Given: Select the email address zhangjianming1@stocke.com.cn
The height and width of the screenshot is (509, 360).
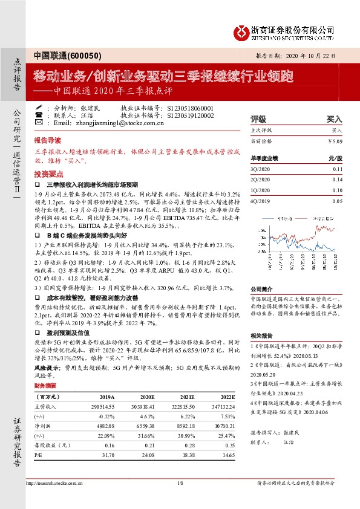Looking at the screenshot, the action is pos(122,123).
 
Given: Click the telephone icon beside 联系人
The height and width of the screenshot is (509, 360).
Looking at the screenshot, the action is pos(39,114).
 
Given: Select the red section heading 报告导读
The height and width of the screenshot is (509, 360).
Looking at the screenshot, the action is pos(47,138).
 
